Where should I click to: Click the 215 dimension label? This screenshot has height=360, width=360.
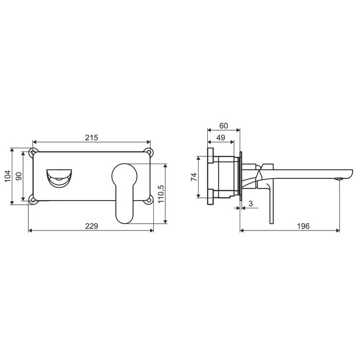pyautogui.click(x=92, y=137)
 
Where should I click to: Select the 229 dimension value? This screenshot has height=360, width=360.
pyautogui.click(x=92, y=226)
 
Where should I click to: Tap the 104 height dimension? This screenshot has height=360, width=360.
pyautogui.click(x=8, y=176)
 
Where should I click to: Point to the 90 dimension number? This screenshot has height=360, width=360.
pyautogui.click(x=19, y=176)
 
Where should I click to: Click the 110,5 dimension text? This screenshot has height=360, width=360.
pyautogui.click(x=161, y=194)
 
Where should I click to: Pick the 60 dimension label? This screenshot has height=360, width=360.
pyautogui.click(x=224, y=126)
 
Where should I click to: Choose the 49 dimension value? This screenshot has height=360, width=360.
pyautogui.click(x=221, y=137)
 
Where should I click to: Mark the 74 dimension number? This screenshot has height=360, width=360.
pyautogui.click(x=194, y=177)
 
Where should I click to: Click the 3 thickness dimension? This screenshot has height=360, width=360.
pyautogui.click(x=250, y=204)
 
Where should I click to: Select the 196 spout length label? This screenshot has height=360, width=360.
pyautogui.click(x=303, y=226)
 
